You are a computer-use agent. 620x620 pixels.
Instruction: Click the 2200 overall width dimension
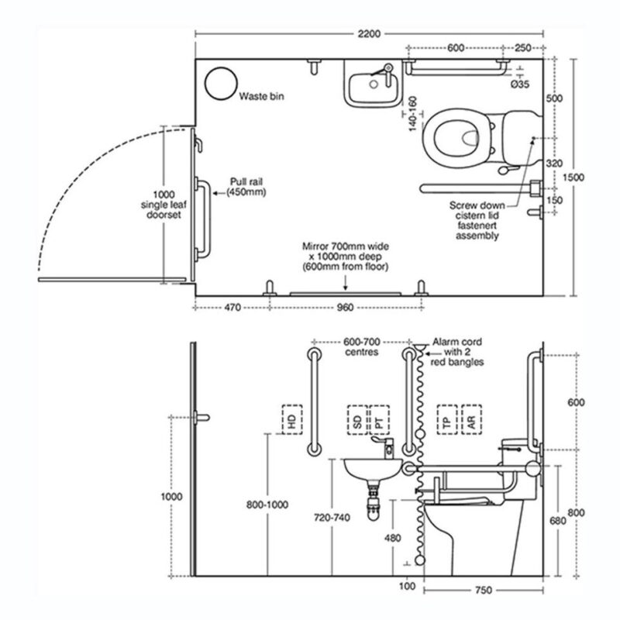click(x=369, y=34)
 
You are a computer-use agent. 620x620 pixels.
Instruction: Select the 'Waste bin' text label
click(x=261, y=96)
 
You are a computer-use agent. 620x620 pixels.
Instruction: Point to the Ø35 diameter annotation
click(x=520, y=84)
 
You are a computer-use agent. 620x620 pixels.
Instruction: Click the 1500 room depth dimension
click(x=573, y=177)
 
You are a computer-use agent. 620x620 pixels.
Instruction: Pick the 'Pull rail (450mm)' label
click(x=246, y=187)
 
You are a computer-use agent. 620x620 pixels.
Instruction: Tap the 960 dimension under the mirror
click(x=345, y=307)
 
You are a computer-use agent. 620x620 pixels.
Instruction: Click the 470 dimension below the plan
click(x=232, y=307)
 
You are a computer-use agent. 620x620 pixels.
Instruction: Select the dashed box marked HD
click(x=292, y=419)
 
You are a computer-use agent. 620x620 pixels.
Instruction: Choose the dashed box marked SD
click(x=357, y=420)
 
